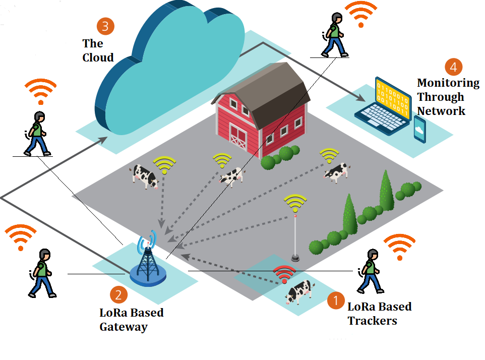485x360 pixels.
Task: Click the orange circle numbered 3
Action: [105, 26]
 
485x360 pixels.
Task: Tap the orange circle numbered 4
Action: [454, 67]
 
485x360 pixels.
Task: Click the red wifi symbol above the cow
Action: [284, 273]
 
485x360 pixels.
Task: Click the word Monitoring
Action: [448, 83]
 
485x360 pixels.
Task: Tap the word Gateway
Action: [124, 327]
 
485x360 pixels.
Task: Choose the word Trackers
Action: [372, 321]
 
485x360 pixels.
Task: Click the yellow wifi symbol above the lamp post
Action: [295, 203]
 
